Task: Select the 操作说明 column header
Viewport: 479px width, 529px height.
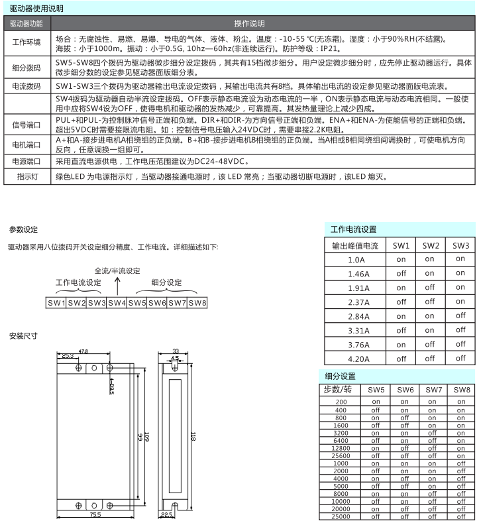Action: click(262, 23)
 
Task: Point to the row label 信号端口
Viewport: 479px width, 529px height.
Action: click(27, 125)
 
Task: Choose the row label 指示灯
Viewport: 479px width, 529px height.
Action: click(27, 177)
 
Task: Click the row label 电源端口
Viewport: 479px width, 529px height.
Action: click(27, 161)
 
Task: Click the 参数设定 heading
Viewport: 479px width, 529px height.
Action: click(23, 229)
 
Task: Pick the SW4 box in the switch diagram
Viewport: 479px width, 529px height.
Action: click(117, 303)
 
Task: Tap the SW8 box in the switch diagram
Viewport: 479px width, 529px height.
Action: click(197, 303)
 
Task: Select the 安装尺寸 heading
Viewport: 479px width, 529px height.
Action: click(23, 336)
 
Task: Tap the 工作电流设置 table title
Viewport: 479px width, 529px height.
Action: click(353, 229)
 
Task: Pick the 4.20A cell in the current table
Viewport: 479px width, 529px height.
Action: click(358, 359)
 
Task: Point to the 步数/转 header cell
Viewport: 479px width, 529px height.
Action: click(341, 390)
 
